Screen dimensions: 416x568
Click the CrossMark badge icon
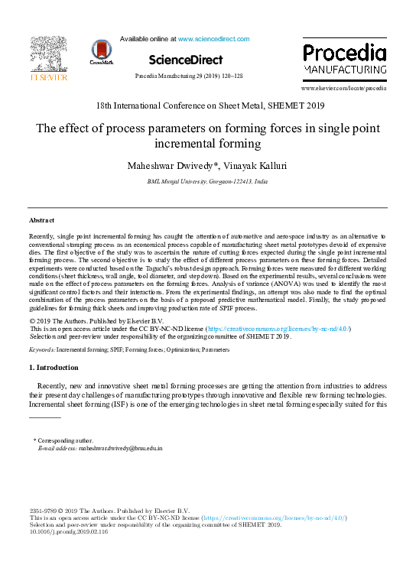click(x=100, y=51)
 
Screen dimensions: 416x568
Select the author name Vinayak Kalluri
click(x=247, y=165)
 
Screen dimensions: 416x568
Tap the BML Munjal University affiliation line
click(x=207, y=183)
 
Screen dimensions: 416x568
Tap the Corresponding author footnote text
click(x=66, y=440)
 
